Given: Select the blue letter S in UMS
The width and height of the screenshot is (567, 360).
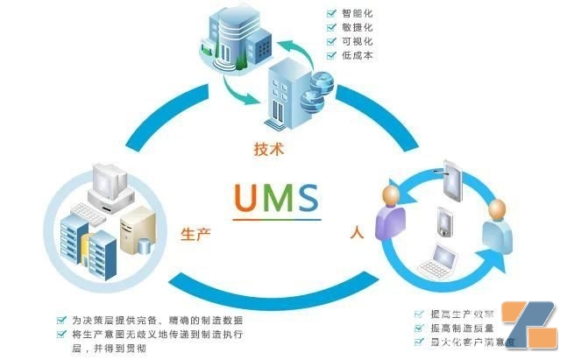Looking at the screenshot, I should click(x=308, y=198).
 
